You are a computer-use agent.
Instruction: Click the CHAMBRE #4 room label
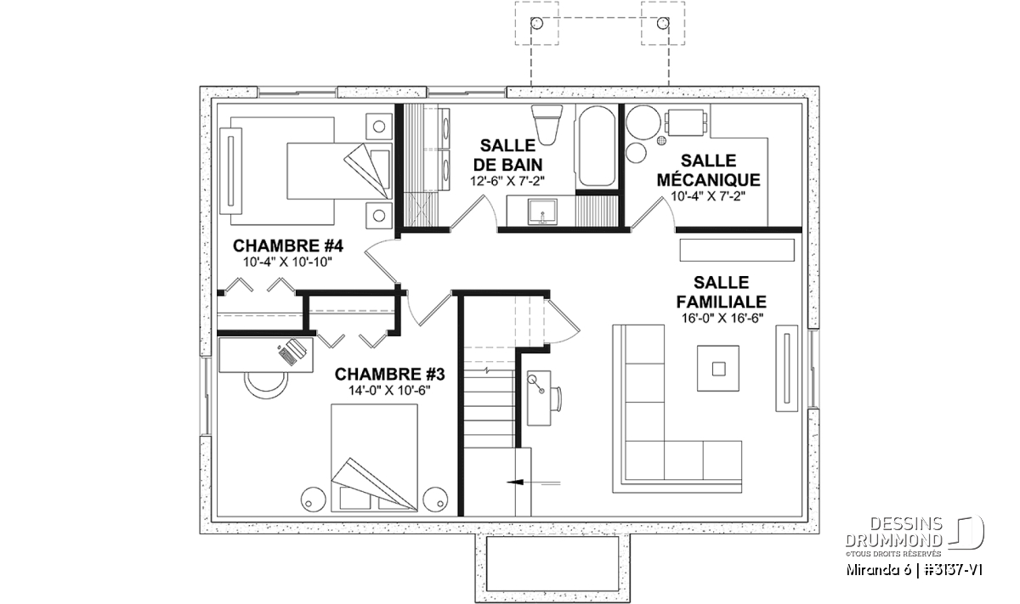[288, 246]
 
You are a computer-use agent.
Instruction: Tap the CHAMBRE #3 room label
[389, 374]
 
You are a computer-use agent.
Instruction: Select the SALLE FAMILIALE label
[722, 291]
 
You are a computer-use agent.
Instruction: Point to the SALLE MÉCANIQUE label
[709, 170]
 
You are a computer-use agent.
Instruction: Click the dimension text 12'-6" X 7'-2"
[507, 181]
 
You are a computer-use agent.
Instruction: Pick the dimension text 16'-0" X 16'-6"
[722, 319]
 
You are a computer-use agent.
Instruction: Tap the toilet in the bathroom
[547, 124]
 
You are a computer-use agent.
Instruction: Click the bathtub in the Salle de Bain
[597, 146]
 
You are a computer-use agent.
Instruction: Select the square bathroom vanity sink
[542, 212]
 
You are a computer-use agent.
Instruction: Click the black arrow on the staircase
[515, 483]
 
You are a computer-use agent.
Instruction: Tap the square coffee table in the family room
[718, 368]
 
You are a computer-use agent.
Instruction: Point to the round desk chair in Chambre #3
[266, 386]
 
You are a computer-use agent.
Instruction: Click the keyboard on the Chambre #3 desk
[287, 354]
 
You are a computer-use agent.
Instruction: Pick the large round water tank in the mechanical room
[643, 122]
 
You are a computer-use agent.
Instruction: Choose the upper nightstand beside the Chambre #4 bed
[379, 126]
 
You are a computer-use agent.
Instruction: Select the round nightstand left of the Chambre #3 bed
[314, 500]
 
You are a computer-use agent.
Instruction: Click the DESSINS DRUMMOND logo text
[893, 532]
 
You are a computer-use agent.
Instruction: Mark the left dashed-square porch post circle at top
[537, 23]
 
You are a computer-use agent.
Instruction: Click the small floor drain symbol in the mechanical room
[661, 141]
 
